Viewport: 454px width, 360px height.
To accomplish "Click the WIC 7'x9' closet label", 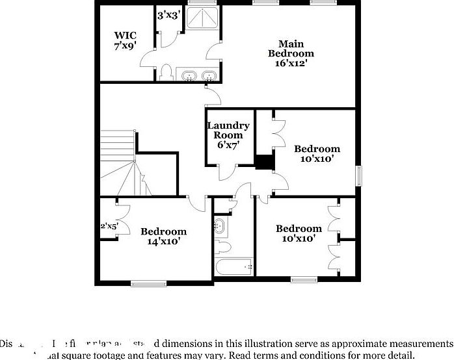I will (125, 40).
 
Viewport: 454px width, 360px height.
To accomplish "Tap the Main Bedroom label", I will (291, 54).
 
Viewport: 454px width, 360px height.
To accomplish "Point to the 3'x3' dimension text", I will (168, 14).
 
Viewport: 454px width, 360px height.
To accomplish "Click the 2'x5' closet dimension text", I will (109, 227).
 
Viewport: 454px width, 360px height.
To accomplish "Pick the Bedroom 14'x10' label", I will (163, 236).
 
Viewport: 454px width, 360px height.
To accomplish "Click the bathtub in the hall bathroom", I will (234, 266).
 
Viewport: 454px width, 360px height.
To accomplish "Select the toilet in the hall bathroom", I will (223, 246).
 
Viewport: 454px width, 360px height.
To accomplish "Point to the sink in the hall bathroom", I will (220, 227).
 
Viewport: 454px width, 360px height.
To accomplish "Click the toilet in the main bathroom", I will (167, 71).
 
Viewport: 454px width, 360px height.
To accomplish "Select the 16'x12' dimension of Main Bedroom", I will (291, 64).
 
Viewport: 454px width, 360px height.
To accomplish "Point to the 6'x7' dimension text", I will (228, 146).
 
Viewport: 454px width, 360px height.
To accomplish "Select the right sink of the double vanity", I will (209, 75).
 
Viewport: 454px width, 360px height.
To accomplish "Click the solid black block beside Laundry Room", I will (264, 162).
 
